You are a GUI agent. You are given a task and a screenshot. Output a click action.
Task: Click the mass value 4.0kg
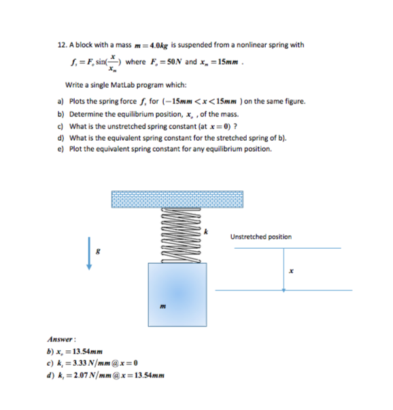click(158, 46)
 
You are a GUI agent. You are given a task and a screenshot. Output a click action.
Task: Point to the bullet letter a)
click(61, 101)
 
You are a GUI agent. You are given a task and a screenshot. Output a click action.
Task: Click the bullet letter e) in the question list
click(61, 149)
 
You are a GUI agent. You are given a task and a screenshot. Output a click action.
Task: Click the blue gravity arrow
click(89, 254)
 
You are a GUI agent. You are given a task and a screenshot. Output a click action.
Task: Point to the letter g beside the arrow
click(98, 252)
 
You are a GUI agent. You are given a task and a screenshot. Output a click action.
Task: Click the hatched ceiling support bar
click(177, 199)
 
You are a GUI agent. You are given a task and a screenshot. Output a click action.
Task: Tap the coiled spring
click(181, 235)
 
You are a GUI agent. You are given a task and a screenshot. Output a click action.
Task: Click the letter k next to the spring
click(206, 232)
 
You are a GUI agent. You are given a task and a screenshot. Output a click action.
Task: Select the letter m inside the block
click(163, 306)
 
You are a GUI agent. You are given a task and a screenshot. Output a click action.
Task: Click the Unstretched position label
click(261, 237)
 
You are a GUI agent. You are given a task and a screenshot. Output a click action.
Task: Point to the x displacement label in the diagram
click(291, 271)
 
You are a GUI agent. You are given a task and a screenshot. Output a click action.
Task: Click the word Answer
click(60, 339)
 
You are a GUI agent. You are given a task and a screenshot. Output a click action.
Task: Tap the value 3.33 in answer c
click(80, 363)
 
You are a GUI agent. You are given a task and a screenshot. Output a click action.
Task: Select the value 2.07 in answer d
click(80, 375)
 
